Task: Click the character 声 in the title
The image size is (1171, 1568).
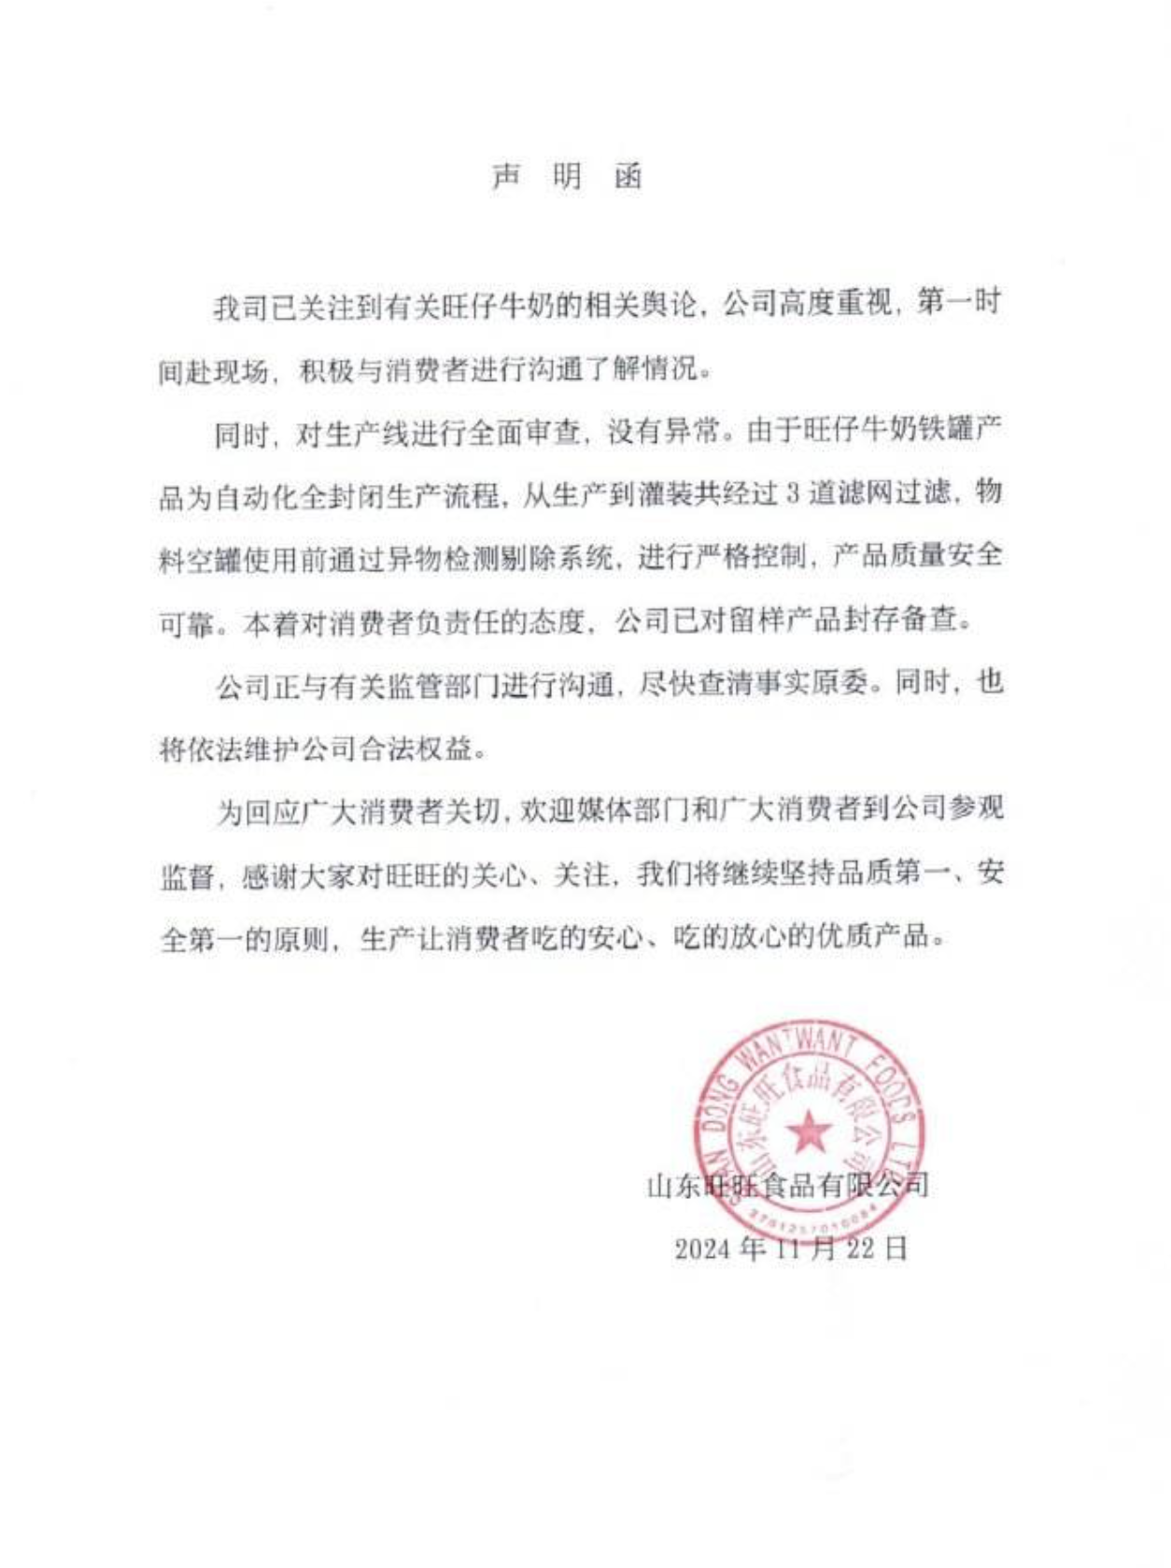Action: [x=505, y=177]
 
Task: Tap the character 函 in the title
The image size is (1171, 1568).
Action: [x=628, y=177]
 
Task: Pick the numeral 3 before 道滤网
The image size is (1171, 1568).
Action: [x=793, y=493]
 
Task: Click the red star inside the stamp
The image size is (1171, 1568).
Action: [x=809, y=1133]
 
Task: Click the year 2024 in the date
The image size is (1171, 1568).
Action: [x=702, y=1249]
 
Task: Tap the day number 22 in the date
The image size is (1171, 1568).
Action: [x=860, y=1249]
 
